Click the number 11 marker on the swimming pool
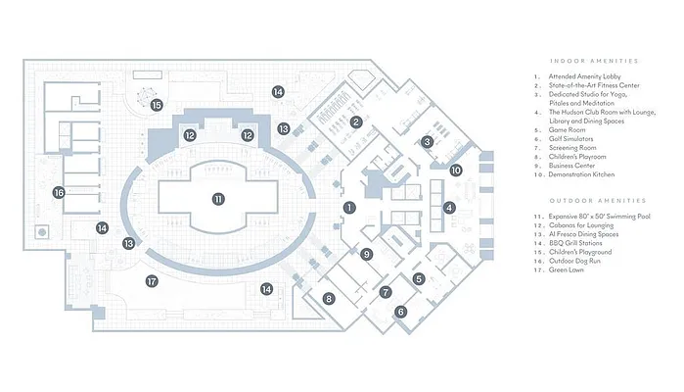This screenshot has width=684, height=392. tap(218, 198)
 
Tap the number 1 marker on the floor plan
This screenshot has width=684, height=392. tap(348, 207)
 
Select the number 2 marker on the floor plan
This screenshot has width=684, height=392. tap(357, 122)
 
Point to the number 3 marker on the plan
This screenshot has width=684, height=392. tap(427, 141)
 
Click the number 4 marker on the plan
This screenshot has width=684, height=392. tap(449, 208)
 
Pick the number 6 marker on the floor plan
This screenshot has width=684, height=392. tap(400, 313)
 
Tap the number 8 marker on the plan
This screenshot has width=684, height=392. tap(329, 298)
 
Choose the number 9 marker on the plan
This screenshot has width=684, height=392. tap(366, 255)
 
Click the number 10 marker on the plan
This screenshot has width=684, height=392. tap(455, 171)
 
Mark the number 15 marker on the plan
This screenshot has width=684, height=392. tap(156, 105)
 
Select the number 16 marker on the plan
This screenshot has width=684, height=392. tap(60, 193)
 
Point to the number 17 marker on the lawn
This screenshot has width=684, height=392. tap(152, 281)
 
